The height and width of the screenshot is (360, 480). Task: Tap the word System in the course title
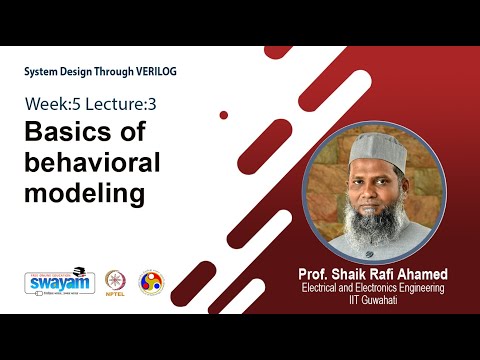click(45, 73)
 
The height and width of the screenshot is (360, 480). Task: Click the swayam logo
click(59, 282)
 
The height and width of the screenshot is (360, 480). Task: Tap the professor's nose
click(368, 187)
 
